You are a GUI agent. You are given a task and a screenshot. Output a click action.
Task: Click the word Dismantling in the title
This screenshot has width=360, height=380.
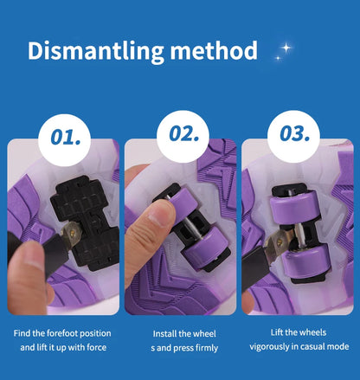pos(96,51)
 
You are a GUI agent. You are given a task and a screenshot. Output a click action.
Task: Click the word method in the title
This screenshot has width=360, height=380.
pos(214,50)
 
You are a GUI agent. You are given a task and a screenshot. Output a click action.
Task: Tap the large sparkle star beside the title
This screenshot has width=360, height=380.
pos(286,48)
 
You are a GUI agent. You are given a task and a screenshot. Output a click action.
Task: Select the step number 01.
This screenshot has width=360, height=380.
pos(66,137)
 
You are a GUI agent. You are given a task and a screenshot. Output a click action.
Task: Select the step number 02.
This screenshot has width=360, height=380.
pos(184,134)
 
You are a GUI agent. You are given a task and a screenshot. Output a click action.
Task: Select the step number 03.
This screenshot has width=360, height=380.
pos(294,133)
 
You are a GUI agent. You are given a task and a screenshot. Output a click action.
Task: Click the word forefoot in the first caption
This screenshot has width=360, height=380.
pos(62,333)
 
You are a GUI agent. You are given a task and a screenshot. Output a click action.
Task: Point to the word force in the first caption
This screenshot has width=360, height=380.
pos(97,347)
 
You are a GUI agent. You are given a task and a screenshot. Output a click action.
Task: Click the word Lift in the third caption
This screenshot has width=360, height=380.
pos(277,332)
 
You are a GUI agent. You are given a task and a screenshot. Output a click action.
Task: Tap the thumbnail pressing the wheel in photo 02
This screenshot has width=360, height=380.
pos(158,216)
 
